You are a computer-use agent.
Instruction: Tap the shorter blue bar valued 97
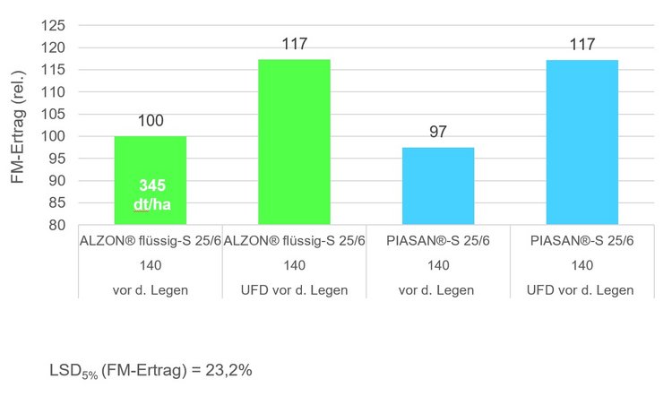438,186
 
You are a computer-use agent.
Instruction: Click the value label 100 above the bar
150,119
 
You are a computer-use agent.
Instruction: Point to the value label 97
438,131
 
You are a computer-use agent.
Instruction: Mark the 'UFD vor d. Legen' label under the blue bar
582,290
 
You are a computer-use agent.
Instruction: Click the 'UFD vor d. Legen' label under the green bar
294,290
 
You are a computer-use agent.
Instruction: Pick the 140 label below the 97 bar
438,265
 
